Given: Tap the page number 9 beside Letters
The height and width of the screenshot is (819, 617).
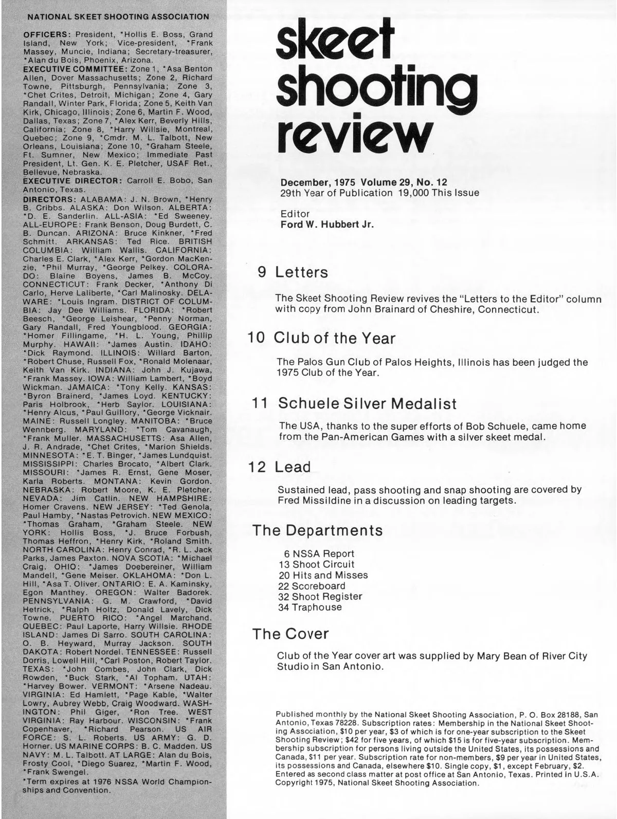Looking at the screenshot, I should [262, 272].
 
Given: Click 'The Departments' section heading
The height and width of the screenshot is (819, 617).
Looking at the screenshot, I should [317, 530].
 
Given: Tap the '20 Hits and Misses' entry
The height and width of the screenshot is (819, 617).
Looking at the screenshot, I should [323, 575].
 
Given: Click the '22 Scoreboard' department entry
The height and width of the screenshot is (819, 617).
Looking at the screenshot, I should [312, 586].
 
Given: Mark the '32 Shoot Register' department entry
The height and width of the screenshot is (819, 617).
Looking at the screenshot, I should [320, 597].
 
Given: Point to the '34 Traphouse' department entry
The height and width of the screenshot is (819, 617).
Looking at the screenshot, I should [310, 607].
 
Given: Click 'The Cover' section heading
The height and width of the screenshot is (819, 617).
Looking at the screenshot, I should [290, 634].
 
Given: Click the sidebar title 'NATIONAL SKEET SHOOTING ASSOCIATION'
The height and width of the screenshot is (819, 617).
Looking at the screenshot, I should [118, 16].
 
